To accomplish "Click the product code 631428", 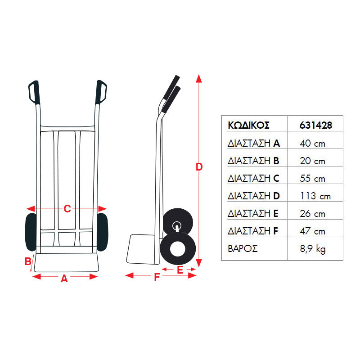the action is coord(316,126).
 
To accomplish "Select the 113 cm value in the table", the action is coord(315,196).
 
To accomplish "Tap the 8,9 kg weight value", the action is coord(313,249).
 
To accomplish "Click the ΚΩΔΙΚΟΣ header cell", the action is coord(248,126).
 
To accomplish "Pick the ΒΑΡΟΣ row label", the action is coord(243,249).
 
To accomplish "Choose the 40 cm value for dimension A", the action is coord(312,144).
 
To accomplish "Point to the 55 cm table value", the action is coord(312,179).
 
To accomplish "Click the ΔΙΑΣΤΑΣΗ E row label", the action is coord(253,213).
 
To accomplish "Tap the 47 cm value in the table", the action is coord(312,231).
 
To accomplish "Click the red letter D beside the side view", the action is coord(199,167).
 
